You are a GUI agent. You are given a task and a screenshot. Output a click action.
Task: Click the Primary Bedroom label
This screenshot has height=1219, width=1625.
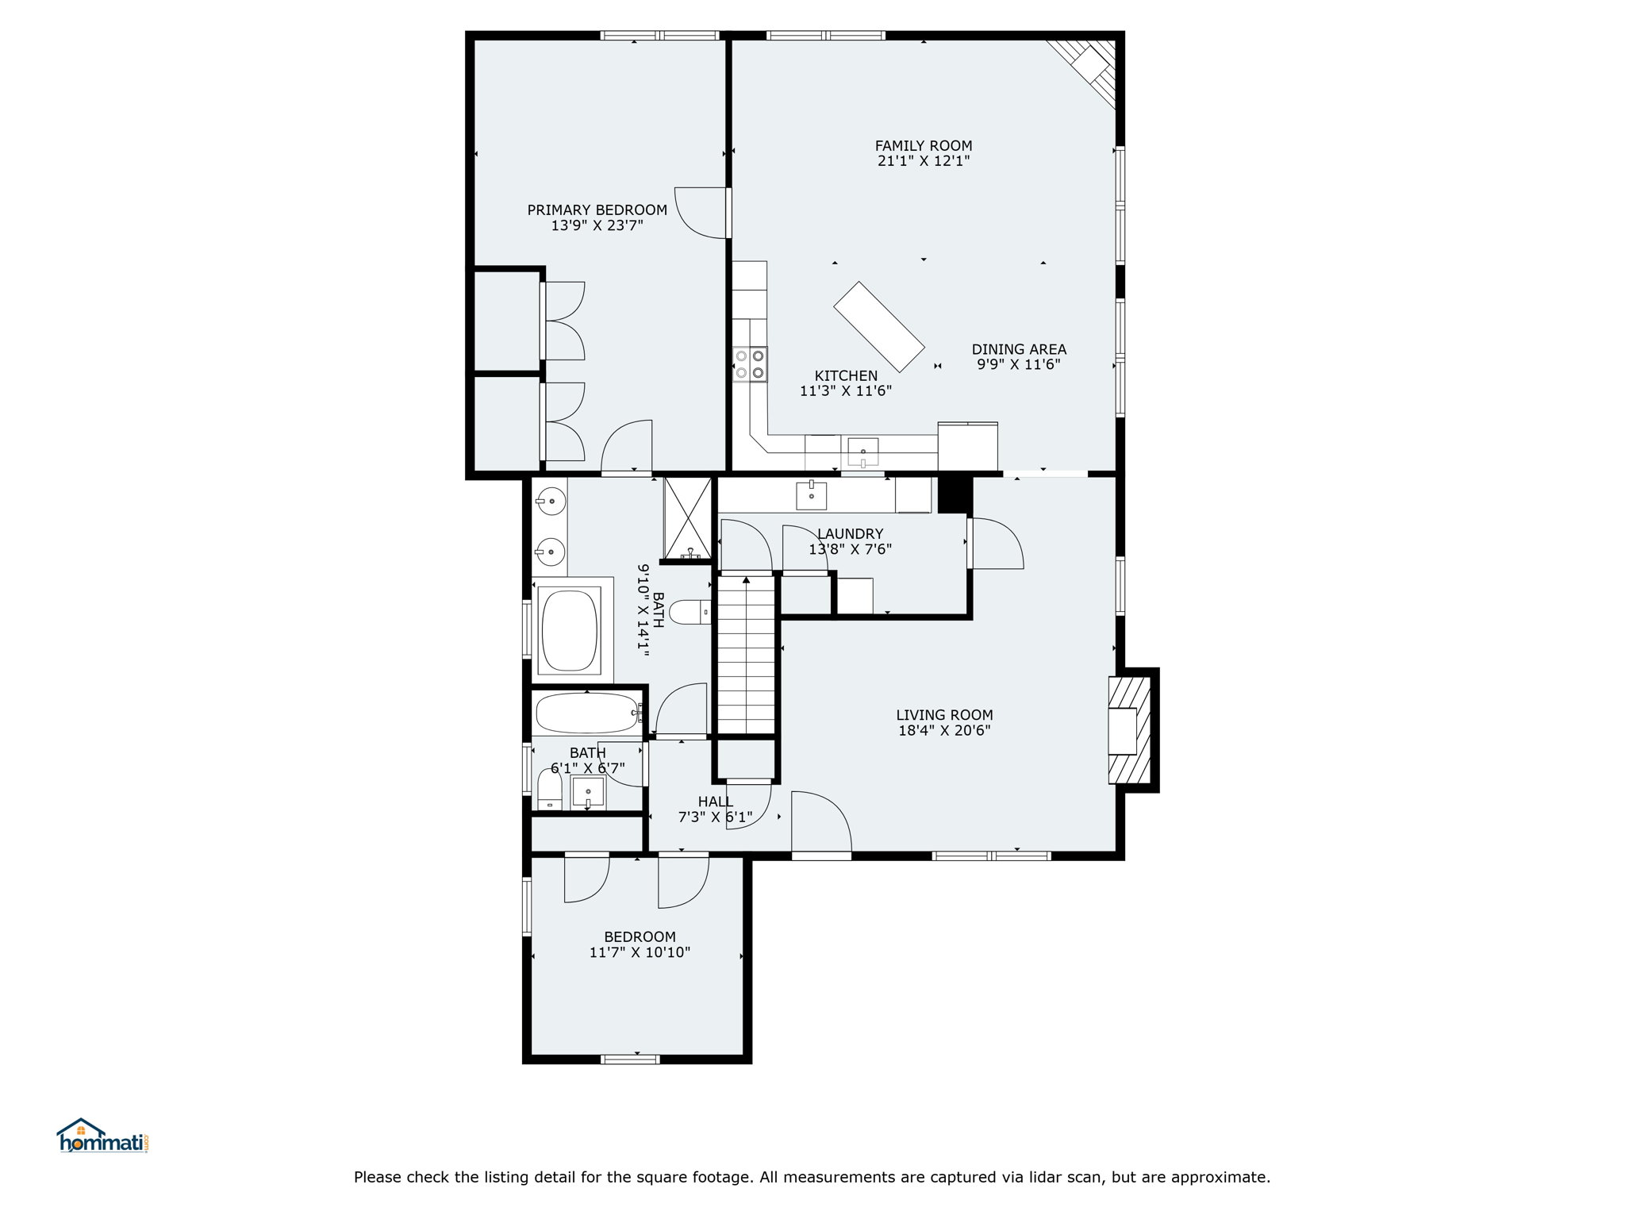pos(597,210)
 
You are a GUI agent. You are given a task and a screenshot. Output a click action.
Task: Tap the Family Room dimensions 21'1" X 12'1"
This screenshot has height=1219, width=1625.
pos(924,161)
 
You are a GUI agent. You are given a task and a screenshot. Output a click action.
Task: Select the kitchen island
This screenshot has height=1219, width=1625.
pos(879,327)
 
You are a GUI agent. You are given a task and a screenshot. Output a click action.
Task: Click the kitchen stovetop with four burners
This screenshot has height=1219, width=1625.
pos(750,364)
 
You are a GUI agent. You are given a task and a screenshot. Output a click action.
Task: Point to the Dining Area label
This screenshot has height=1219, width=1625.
pos(1019,349)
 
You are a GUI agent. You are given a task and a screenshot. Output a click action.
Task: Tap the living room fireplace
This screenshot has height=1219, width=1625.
pos(1129,730)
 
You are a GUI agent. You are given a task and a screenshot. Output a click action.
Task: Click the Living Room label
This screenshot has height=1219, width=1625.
pos(944,715)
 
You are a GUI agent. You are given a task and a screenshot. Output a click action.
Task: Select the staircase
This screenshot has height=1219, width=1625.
pos(746,656)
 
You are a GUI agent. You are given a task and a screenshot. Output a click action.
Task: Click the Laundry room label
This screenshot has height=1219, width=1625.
pos(850,534)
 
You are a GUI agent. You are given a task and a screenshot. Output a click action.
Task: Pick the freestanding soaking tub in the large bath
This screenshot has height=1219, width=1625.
pos(569,630)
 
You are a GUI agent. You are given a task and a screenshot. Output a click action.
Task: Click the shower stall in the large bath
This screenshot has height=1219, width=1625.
pos(688,519)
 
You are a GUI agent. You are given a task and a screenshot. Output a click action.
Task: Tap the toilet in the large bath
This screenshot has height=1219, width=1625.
pos(690,612)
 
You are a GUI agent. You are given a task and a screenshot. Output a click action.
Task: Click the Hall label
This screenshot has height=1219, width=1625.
pos(716,802)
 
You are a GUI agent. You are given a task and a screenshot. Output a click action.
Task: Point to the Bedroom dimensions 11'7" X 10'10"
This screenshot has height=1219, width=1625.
pos(640,952)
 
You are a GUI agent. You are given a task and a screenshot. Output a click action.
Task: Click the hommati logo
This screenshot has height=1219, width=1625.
pos(102,1136)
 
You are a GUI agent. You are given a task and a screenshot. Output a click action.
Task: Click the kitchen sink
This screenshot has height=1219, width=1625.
pos(863,452)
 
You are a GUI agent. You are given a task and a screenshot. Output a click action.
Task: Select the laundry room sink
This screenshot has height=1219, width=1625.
pos(811,495)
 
